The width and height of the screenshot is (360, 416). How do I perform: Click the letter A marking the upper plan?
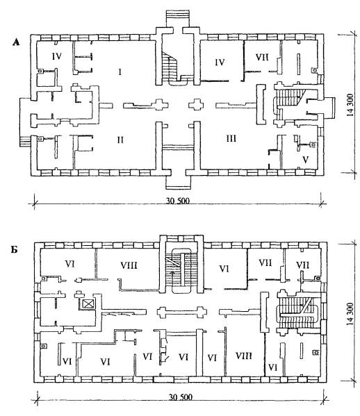coord(16,42)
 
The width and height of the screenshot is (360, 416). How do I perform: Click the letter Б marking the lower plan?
coord(15,250)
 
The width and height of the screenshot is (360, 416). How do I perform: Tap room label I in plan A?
coord(120,72)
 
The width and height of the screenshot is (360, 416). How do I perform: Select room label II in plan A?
coord(120,140)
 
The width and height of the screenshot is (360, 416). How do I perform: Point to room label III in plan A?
coord(231,138)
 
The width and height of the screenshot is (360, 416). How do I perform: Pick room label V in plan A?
coord(306,160)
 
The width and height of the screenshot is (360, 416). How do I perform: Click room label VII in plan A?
coord(262,57)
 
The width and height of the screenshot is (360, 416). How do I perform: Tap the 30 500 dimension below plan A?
coord(178,201)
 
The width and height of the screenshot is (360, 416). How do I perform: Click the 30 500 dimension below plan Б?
coord(181,397)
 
